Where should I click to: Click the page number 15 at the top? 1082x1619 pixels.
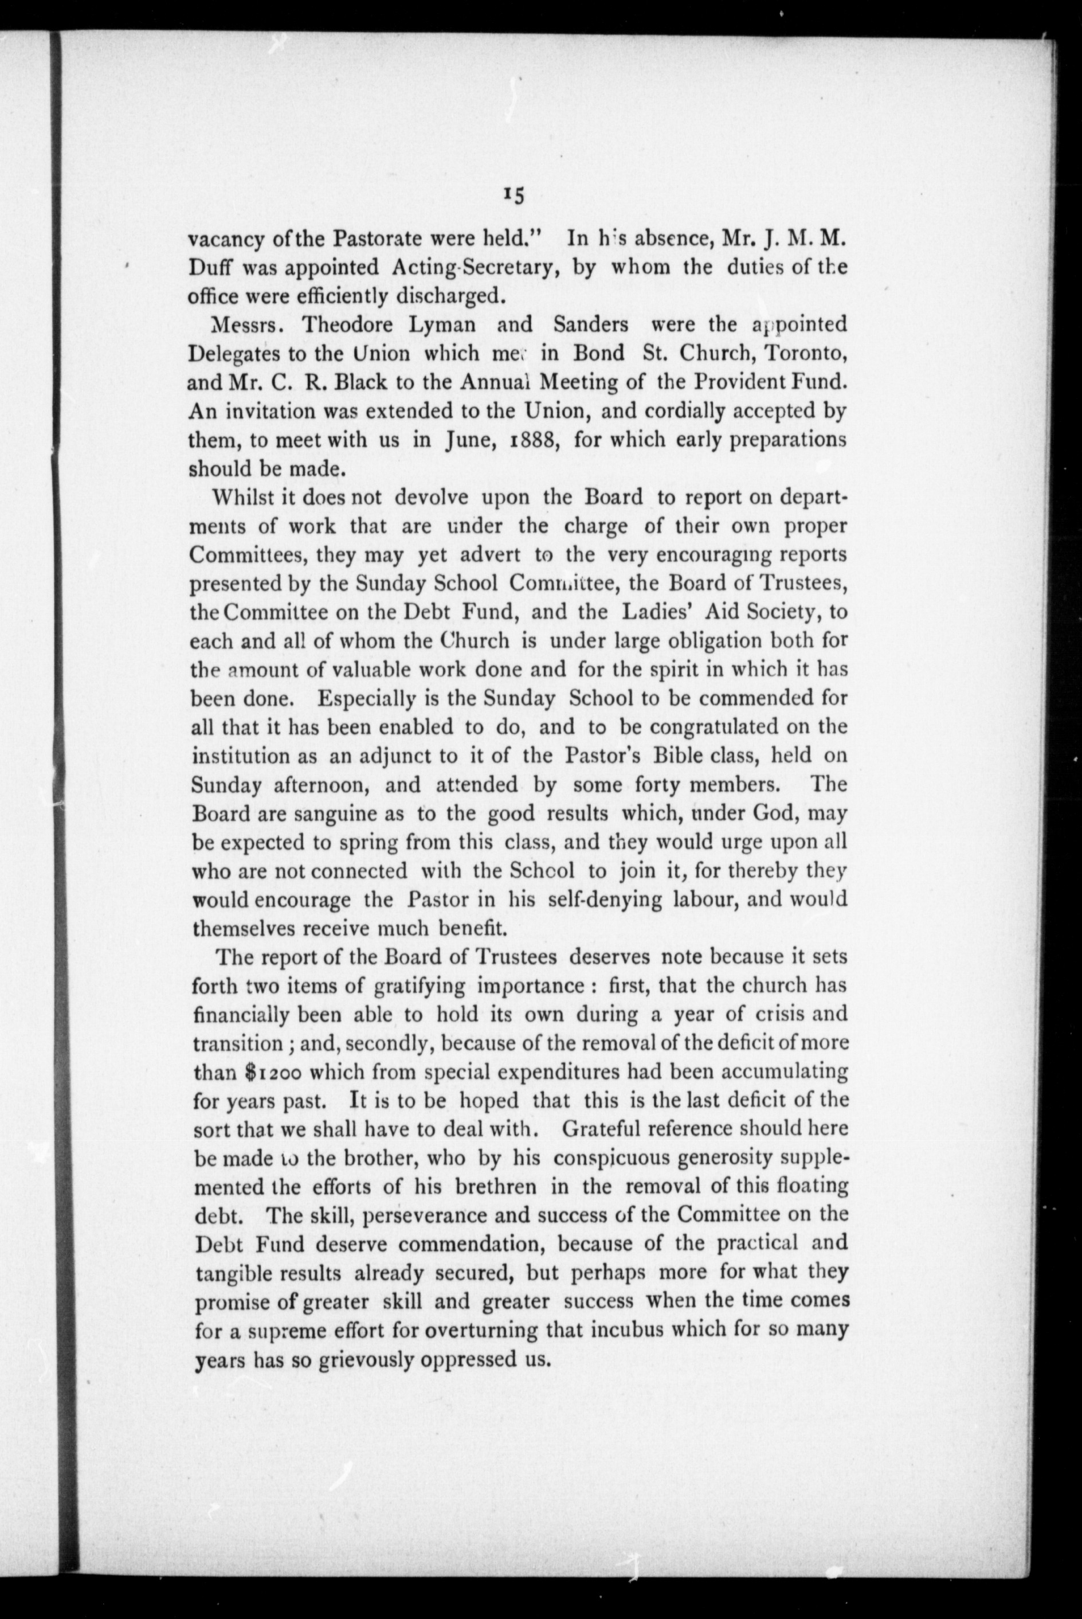click(x=514, y=196)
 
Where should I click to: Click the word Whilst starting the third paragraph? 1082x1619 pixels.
click(x=244, y=497)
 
